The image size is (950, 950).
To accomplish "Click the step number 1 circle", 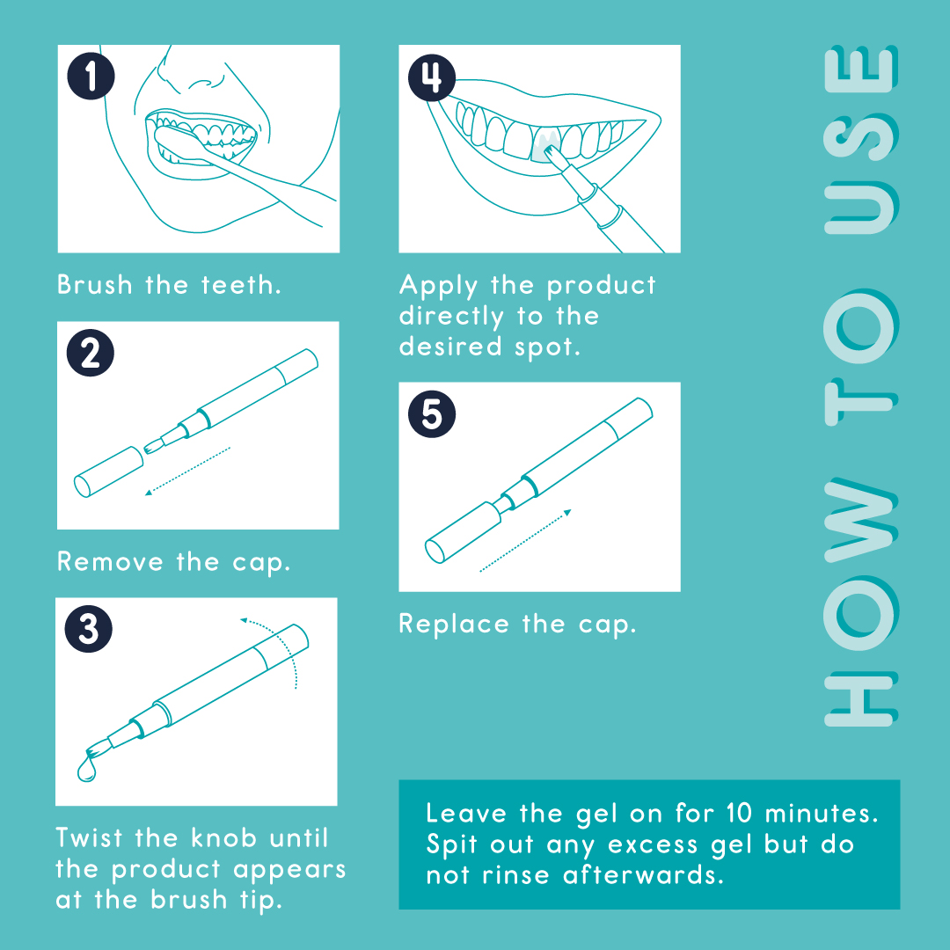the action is coord(91,77).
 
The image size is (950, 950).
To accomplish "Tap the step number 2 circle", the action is coord(91,353).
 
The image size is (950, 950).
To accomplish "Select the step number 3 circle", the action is coord(89,628).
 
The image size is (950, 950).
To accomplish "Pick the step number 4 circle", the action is coord(432,77).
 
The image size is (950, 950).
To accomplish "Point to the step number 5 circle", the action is coord(432,413).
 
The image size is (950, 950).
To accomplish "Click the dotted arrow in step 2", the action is coord(188,471).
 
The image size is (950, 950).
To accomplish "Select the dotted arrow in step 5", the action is coord(525,540).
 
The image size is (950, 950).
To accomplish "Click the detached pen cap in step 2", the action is coord(108,472).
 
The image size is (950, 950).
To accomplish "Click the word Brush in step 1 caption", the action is coord(94,285).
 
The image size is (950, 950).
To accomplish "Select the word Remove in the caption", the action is coord(110,561).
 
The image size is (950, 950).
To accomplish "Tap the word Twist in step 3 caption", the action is coord(89,838).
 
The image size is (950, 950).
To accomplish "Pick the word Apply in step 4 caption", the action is coord(438,286).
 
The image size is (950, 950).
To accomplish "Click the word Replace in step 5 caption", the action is coord(454,625).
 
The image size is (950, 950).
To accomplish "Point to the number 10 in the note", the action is coord(739,813).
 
